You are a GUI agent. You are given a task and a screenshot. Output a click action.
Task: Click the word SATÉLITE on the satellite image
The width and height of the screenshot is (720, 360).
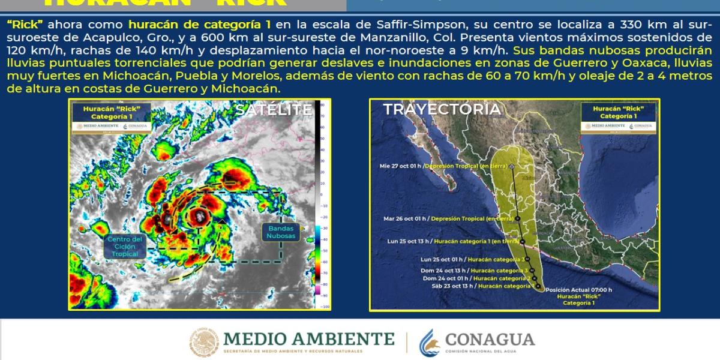click(274, 110)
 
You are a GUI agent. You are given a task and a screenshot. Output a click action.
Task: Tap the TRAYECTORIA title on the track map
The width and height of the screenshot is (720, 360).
click(442, 109)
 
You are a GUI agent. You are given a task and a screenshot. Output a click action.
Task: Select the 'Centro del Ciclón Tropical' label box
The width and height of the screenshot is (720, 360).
click(125, 246)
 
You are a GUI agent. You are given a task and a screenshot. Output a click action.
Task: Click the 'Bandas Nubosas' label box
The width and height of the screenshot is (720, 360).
click(281, 232)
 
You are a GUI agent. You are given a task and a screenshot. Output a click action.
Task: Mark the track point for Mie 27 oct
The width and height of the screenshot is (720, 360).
click(512, 165)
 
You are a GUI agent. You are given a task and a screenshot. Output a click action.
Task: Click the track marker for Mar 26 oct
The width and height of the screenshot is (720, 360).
click(518, 220)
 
